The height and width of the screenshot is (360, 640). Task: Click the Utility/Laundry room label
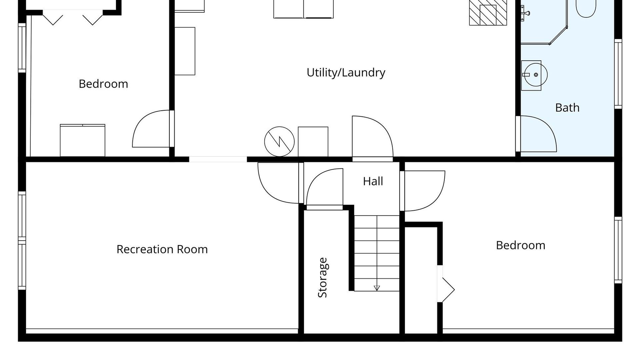346,73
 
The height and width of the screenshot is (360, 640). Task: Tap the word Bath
567,108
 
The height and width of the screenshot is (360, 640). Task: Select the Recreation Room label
162,249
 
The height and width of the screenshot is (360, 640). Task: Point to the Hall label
373,181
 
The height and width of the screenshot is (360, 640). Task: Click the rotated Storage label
323,278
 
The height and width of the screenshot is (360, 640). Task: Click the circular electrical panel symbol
279,141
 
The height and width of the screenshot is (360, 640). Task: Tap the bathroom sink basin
535,75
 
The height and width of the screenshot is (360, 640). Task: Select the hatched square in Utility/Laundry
488,13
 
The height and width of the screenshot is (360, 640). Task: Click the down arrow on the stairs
377,288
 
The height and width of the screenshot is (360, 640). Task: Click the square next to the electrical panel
313,142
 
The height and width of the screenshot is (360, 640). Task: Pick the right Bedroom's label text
521,245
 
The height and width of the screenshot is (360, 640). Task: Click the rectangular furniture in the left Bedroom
83,140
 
